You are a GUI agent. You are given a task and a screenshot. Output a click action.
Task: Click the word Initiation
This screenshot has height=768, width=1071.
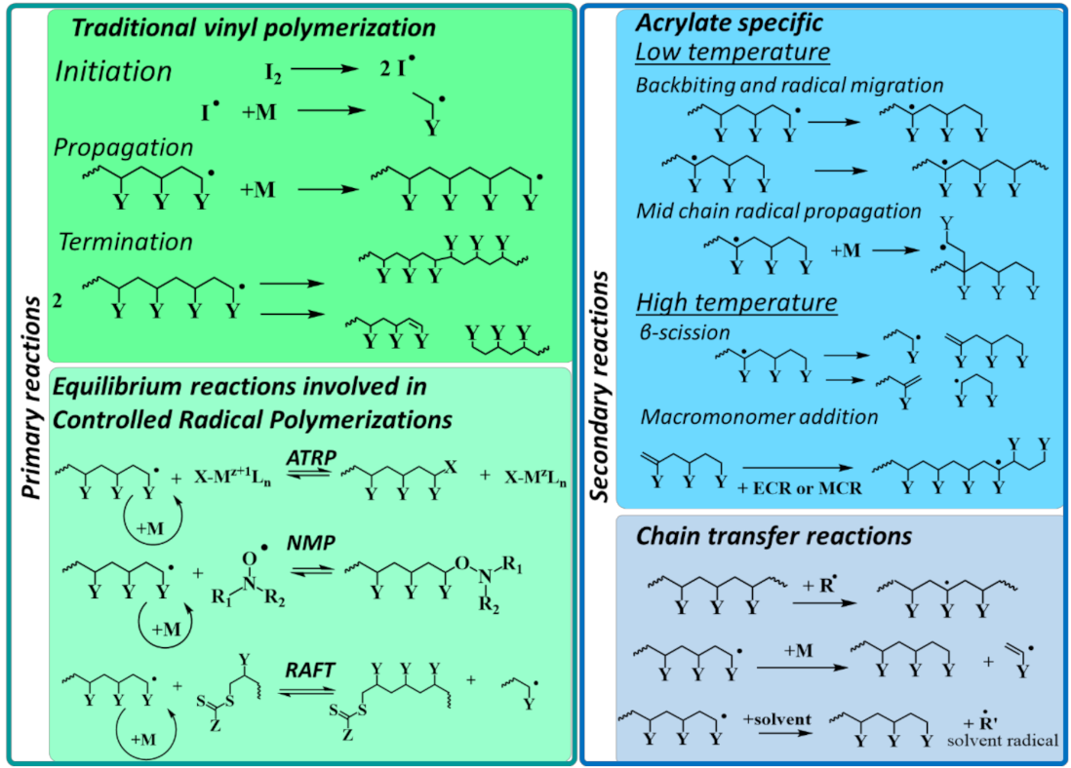(113, 71)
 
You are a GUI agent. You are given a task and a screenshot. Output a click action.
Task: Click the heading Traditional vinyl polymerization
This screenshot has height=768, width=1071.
(254, 27)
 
